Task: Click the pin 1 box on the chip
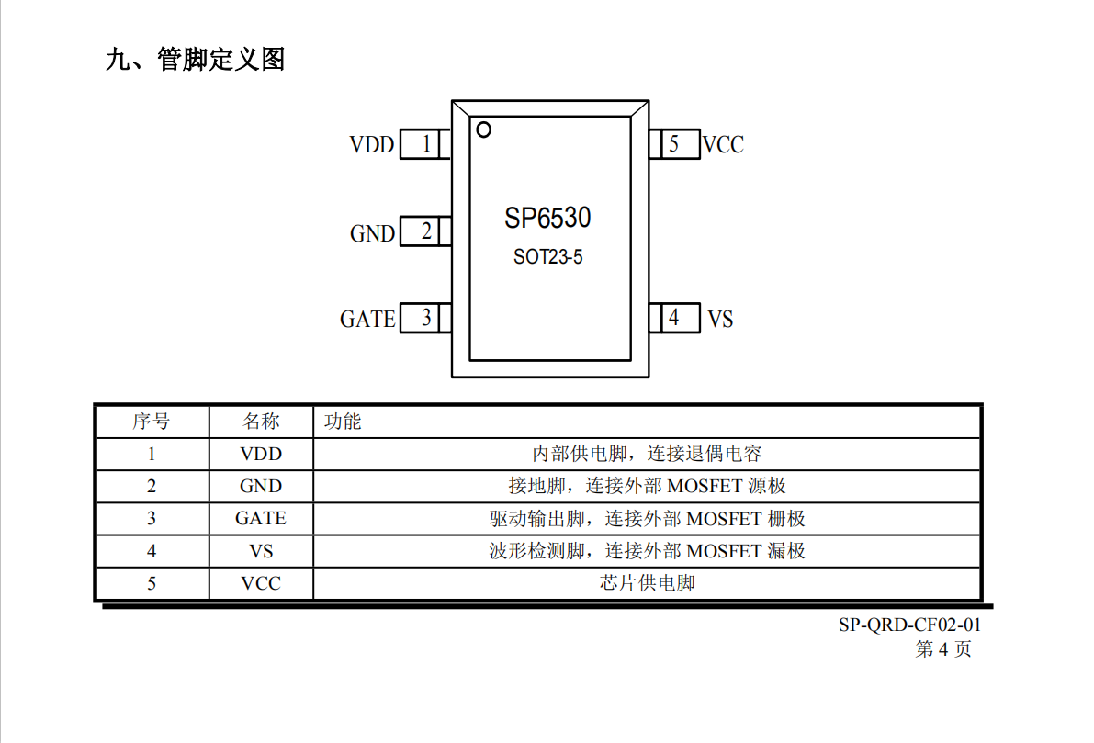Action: (425, 144)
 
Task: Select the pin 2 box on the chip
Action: (425, 231)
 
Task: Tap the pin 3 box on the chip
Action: (425, 318)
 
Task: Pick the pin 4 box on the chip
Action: (675, 318)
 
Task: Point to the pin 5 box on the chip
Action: (675, 144)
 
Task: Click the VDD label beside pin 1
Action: (372, 145)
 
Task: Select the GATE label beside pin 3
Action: (367, 320)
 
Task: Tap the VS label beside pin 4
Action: (720, 320)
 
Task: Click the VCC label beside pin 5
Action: (724, 145)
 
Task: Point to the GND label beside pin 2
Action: (373, 233)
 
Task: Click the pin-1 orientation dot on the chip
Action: (483, 129)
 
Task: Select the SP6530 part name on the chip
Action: (547, 219)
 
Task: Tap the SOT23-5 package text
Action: (547, 257)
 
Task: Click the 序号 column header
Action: (152, 422)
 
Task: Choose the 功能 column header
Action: (343, 422)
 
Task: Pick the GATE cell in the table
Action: (261, 518)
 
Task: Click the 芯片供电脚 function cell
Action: (648, 582)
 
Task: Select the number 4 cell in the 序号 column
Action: (152, 551)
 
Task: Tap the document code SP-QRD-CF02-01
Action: (909, 625)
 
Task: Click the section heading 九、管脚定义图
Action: (196, 60)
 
